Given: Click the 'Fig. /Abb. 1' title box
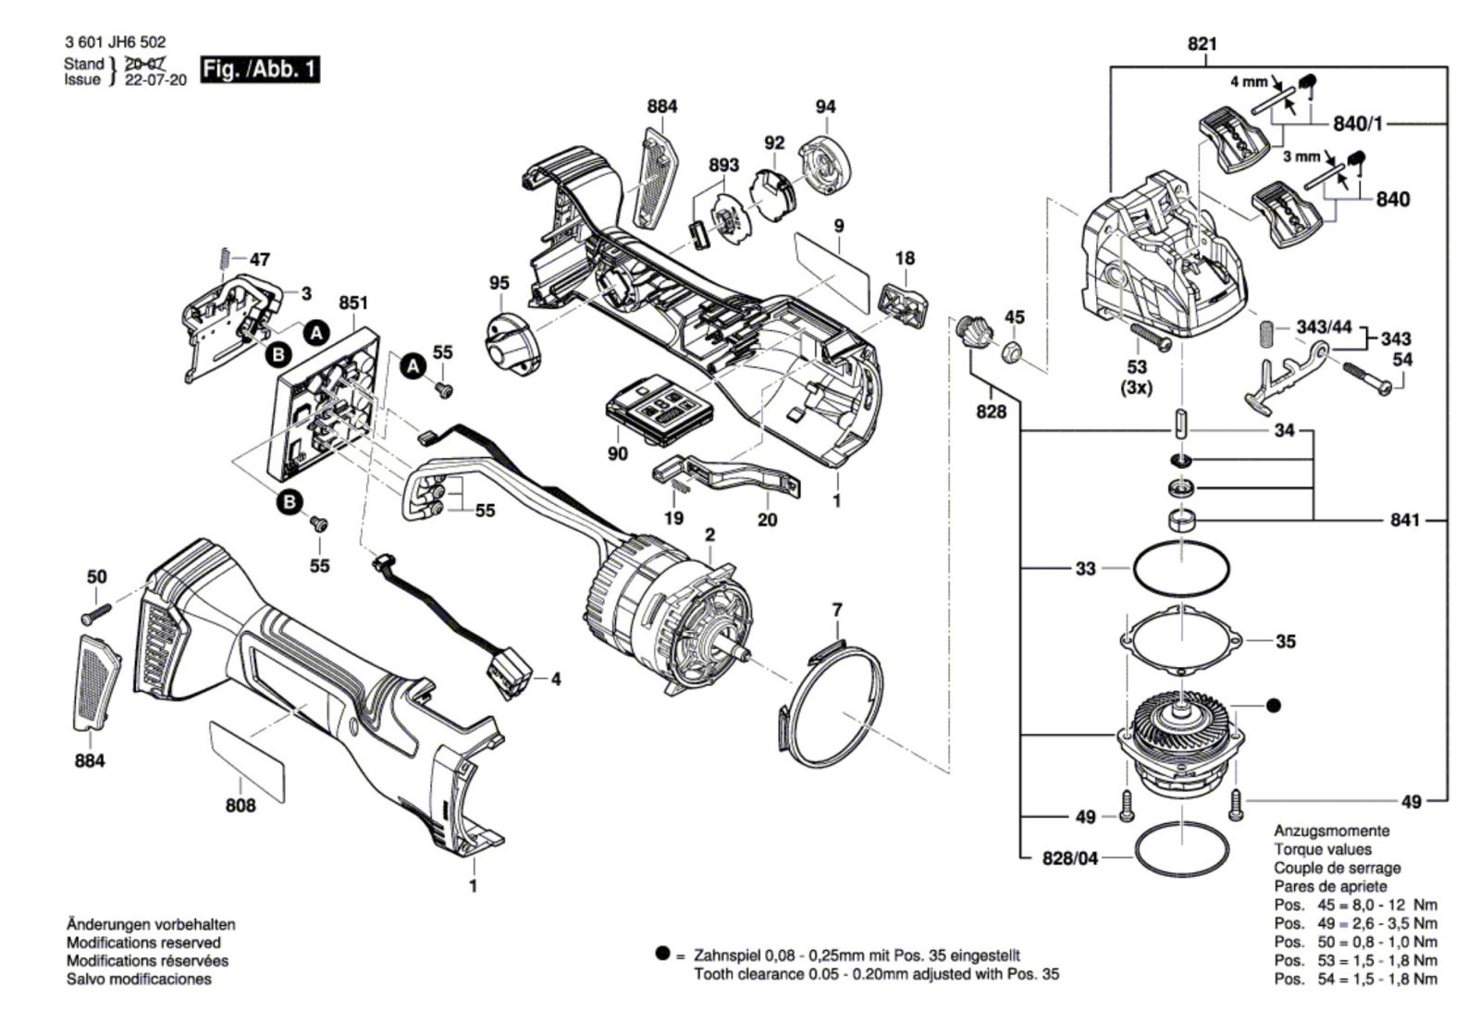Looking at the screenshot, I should coord(260,70).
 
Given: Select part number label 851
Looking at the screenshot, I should coord(353,302).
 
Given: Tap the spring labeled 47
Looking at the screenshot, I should coord(225,260).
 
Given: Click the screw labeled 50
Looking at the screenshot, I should coord(96,611).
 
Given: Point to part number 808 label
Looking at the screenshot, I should coord(240,806).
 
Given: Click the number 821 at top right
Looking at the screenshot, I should coord(1202,43).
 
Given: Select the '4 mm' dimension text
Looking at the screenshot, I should coord(1248,81).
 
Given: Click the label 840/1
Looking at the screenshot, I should coord(1358,123).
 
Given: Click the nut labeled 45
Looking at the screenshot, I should coord(1013,351).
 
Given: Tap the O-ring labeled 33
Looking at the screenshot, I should coord(1181,568).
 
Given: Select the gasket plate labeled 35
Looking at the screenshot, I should coord(1181,639).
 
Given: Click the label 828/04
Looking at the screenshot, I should coord(1069,858).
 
